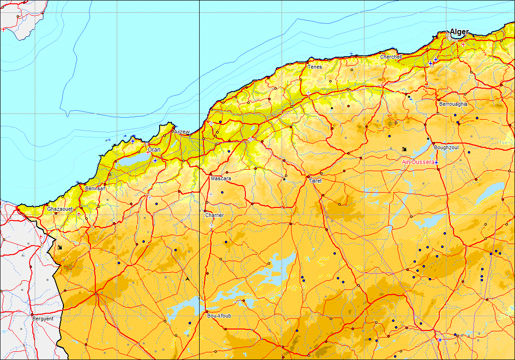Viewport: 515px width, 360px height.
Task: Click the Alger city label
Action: coord(459,32)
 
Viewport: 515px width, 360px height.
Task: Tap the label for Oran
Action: coord(154,150)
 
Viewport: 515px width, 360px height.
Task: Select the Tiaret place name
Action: coord(315,181)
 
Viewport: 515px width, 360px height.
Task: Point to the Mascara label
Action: coord(221,179)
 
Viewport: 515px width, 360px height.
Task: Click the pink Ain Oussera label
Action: coord(418,162)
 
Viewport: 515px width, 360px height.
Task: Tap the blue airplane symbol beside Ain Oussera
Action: coord(436,163)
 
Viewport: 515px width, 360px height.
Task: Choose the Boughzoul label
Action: coord(446,148)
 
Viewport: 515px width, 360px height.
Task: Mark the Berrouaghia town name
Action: coord(453,104)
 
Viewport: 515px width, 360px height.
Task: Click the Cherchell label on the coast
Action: coord(391,57)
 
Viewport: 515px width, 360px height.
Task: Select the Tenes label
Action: coord(314,67)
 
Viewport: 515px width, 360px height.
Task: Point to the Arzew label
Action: coord(182,132)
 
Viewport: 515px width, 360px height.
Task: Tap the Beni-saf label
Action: coord(95,188)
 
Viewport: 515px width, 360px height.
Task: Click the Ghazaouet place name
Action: coord(60,209)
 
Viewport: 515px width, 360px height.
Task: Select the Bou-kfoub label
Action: coord(219,316)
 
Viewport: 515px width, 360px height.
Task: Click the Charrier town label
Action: coord(214,216)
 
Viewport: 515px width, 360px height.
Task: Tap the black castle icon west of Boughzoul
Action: coord(404,149)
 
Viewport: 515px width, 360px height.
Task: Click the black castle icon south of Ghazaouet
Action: coord(60,247)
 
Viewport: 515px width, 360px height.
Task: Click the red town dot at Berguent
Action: coord(32,315)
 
